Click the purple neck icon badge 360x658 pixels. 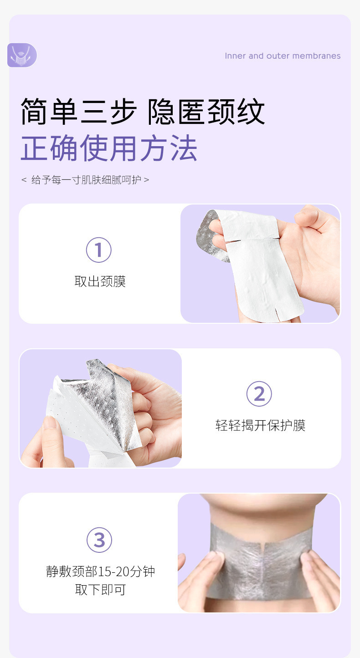pos(22,55)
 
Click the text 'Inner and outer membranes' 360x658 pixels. pos(283,56)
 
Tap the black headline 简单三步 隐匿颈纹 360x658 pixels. pos(143,112)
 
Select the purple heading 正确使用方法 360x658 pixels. pos(109,148)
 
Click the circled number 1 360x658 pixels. pos(99,250)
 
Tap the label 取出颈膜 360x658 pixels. pos(100,281)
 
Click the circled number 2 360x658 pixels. pos(259,394)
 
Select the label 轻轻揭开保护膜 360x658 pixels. pos(261,425)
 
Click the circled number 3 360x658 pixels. pos(99,540)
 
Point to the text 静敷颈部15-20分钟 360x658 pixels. pos(100,571)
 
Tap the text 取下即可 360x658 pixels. pos(100,590)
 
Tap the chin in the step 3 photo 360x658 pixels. pos(262,501)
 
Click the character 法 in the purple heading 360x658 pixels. pos(184,148)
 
